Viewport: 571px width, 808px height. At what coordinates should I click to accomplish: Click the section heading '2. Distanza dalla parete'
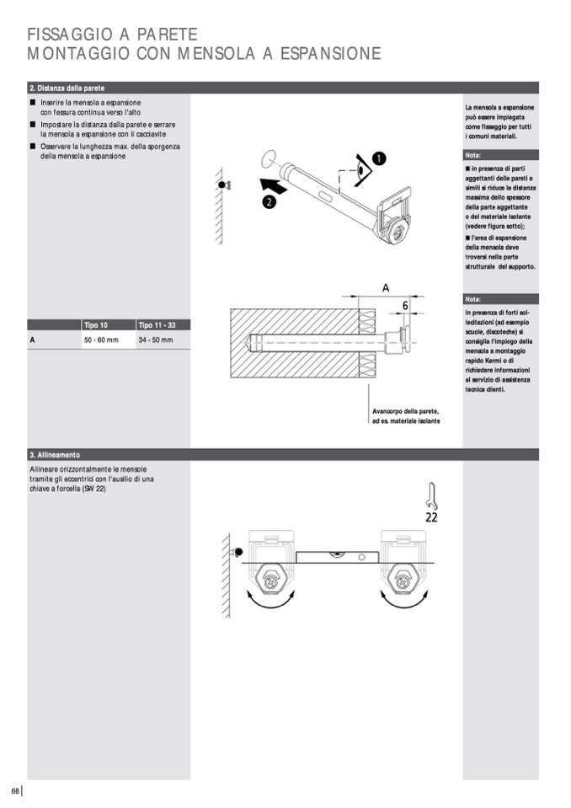67,88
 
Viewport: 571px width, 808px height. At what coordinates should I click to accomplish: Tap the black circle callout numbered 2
269,201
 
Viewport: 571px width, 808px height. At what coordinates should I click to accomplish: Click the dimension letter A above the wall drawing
386,288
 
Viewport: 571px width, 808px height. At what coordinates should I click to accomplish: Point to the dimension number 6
404,305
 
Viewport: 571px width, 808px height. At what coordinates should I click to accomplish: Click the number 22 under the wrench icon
431,517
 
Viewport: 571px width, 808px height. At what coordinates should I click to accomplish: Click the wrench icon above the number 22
430,494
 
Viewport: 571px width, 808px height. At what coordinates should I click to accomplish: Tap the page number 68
14,789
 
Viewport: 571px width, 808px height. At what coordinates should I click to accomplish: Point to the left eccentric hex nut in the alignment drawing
271,581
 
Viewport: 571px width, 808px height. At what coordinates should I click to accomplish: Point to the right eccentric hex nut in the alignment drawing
401,581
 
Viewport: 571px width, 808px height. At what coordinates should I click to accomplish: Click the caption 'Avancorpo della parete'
406,411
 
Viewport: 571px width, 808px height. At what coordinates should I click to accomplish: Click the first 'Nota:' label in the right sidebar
473,156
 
